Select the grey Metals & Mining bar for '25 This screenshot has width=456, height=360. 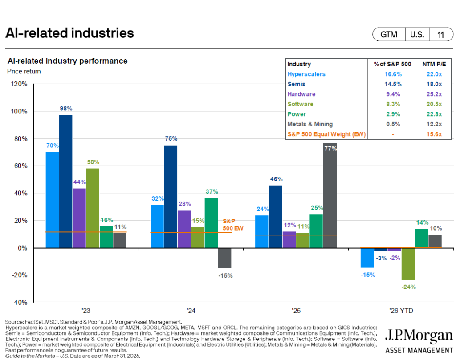tap(330, 196)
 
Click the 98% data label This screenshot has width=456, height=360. tap(65, 108)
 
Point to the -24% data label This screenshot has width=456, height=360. tap(408, 287)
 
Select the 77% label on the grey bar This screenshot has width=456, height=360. tap(330, 149)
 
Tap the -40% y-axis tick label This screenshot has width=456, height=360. tap(19, 303)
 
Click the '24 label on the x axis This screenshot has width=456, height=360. tap(190, 311)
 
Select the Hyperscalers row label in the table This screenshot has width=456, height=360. tap(306, 74)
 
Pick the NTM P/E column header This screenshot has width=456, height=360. tap(432, 64)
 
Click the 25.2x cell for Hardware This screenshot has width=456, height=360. tap(433, 94)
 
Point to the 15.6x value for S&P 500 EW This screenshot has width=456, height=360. tap(433, 134)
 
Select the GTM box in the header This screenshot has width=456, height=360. tap(389, 35)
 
